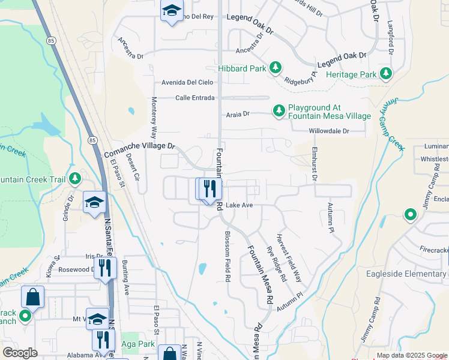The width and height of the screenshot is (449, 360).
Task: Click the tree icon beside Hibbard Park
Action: pyautogui.click(x=276, y=68)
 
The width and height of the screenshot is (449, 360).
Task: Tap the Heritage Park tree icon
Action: pyautogui.click(x=385, y=74)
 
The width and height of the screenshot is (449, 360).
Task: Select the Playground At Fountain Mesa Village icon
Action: pyautogui.click(x=279, y=110)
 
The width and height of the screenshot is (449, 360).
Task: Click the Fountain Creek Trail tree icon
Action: pyautogui.click(x=75, y=179)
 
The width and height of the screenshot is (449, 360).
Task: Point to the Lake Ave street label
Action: pyautogui.click(x=239, y=205)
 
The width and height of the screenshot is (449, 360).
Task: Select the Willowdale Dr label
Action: pyautogui.click(x=328, y=130)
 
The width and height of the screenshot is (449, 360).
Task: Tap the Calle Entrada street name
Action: pyautogui.click(x=194, y=98)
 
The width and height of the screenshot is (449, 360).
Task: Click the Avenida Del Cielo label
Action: pyautogui.click(x=187, y=82)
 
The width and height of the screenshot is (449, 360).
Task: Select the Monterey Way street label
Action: pyautogui.click(x=154, y=118)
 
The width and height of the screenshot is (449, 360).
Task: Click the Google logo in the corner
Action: pyautogui.click(x=20, y=352)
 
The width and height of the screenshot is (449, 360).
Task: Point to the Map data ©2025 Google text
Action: pyautogui.click(x=412, y=356)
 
